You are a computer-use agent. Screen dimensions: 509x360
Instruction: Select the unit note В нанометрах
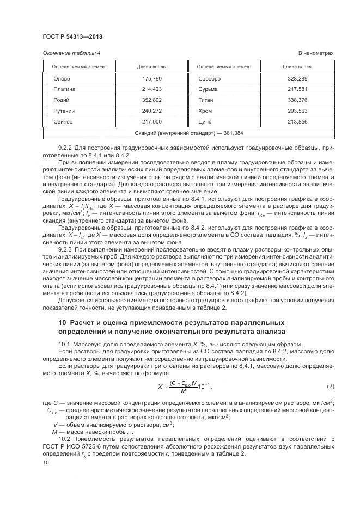[x=315, y=53]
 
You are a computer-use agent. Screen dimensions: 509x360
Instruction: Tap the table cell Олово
[x=61, y=79]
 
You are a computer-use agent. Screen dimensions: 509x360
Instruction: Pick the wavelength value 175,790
[x=152, y=79]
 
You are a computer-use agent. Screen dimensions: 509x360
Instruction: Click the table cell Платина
[x=64, y=89]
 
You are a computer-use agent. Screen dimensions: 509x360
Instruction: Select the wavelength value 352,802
[x=152, y=100]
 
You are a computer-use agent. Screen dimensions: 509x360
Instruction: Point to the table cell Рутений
[x=64, y=111]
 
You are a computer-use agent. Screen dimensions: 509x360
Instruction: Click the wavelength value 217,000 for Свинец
[x=152, y=121]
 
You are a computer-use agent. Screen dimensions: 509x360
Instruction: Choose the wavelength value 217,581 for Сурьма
[x=297, y=89]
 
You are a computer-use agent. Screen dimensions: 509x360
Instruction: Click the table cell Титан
[x=207, y=100]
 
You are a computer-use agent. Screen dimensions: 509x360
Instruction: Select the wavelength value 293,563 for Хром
[x=297, y=111]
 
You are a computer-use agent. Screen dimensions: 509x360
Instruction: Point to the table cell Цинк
[x=206, y=121]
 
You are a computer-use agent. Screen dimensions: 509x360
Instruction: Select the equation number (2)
[x=330, y=386]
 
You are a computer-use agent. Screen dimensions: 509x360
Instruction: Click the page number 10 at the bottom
[x=45, y=462]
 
